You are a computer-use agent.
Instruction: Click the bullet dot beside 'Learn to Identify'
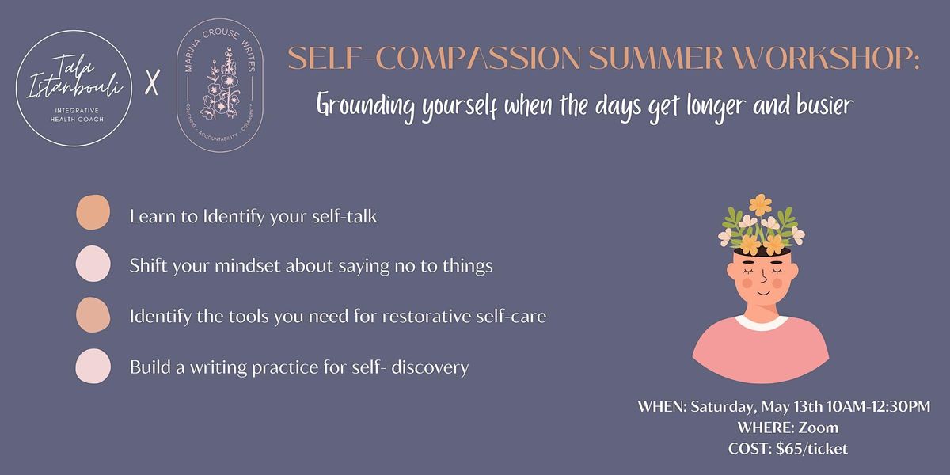93,215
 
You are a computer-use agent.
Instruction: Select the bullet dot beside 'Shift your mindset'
93,264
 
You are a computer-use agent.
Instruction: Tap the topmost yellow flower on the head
761,201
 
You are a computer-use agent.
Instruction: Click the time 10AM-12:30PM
841,408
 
